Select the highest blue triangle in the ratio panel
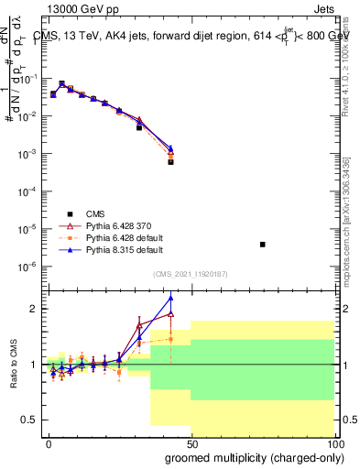pos(170,298)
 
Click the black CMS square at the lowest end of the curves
pos(170,162)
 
